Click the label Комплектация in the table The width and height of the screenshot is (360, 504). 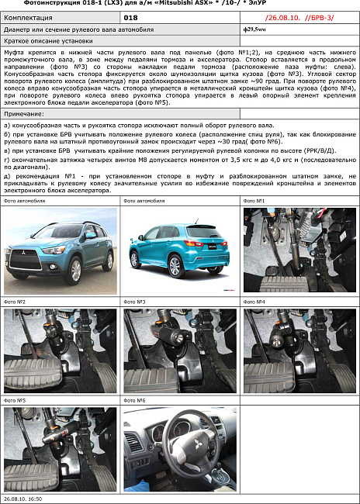tap(29, 16)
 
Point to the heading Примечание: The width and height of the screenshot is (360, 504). tap(25, 113)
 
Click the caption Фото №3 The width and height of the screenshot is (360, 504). tap(135, 301)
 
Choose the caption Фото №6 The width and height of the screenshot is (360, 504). tap(135, 400)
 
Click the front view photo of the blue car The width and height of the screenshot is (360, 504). tap(61, 250)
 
